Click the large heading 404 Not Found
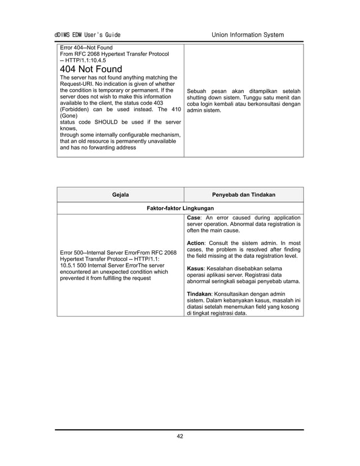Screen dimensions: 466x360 coord(91,69)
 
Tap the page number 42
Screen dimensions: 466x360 coord(179,436)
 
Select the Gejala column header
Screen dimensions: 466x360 coord(120,195)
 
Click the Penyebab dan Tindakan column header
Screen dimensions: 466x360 coord(243,195)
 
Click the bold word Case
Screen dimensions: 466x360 coord(194,217)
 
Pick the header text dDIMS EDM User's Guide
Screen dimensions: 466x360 coord(87,35)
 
